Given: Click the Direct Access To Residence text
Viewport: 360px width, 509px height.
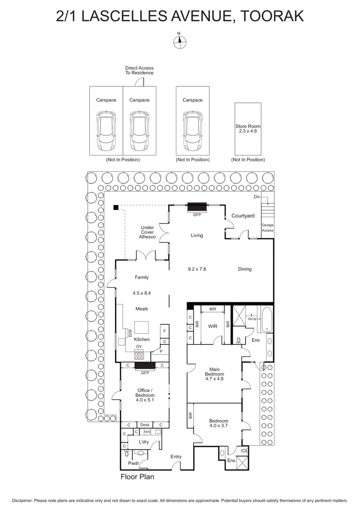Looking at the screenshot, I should [x=139, y=70].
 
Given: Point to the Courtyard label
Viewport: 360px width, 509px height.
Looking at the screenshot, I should [x=243, y=216].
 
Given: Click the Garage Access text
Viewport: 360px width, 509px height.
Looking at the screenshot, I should [x=267, y=228].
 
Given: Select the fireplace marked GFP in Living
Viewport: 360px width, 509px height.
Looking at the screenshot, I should [x=197, y=207].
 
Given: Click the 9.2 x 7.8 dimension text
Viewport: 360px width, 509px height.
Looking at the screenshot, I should [x=197, y=269].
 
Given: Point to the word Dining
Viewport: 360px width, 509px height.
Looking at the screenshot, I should [x=244, y=269].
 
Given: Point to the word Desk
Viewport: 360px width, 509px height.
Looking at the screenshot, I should [x=144, y=425].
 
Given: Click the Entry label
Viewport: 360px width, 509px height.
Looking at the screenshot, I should [x=175, y=457].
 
